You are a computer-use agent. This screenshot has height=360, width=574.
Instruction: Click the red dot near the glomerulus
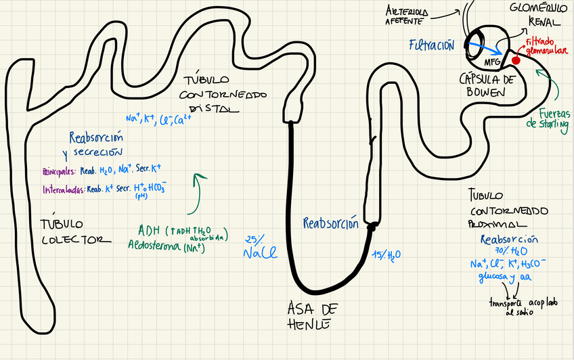[516, 60]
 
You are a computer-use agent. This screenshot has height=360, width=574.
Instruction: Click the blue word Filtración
[431, 45]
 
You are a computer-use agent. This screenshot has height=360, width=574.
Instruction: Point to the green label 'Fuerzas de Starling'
[548, 119]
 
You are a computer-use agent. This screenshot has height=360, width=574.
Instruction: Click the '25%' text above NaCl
[254, 239]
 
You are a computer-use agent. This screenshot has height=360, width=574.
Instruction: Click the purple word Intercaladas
[63, 189]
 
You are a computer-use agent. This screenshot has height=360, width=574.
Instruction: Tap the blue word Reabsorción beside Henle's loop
[330, 223]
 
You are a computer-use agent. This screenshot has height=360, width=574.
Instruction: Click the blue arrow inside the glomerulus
[483, 48]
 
